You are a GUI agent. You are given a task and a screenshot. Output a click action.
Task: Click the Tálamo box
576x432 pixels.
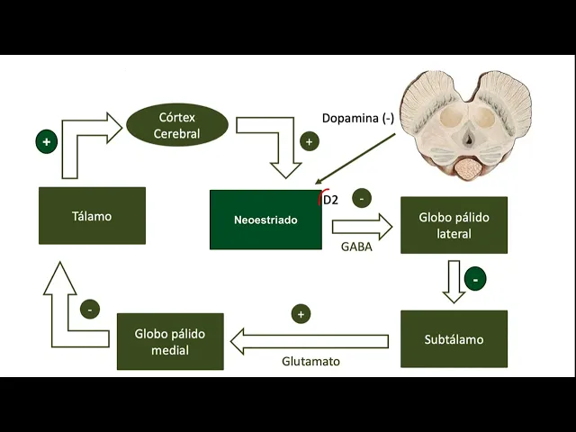point(92,216)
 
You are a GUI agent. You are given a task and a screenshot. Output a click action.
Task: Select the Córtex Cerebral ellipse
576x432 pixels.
point(176,126)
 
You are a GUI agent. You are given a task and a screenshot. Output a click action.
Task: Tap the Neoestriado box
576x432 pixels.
point(265,220)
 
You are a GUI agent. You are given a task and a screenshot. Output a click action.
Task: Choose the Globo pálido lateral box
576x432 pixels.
point(454,225)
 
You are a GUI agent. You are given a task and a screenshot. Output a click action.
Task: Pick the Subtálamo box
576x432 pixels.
point(454,339)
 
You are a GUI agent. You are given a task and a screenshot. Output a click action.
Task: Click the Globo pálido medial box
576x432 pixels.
point(170,342)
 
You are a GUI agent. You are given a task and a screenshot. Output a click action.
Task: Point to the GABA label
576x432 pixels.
point(356,246)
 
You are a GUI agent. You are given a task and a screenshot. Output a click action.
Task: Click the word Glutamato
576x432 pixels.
point(310,361)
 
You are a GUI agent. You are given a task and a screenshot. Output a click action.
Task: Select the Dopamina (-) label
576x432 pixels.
point(358,118)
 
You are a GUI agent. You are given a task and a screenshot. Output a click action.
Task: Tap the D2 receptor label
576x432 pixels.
point(330,200)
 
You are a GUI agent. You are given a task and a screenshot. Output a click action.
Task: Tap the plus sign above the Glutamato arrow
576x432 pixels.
point(301,314)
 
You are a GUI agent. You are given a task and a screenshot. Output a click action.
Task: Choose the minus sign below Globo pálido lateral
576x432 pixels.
point(475,278)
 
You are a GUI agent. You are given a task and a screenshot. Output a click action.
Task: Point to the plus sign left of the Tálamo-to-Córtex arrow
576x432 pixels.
point(46,141)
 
